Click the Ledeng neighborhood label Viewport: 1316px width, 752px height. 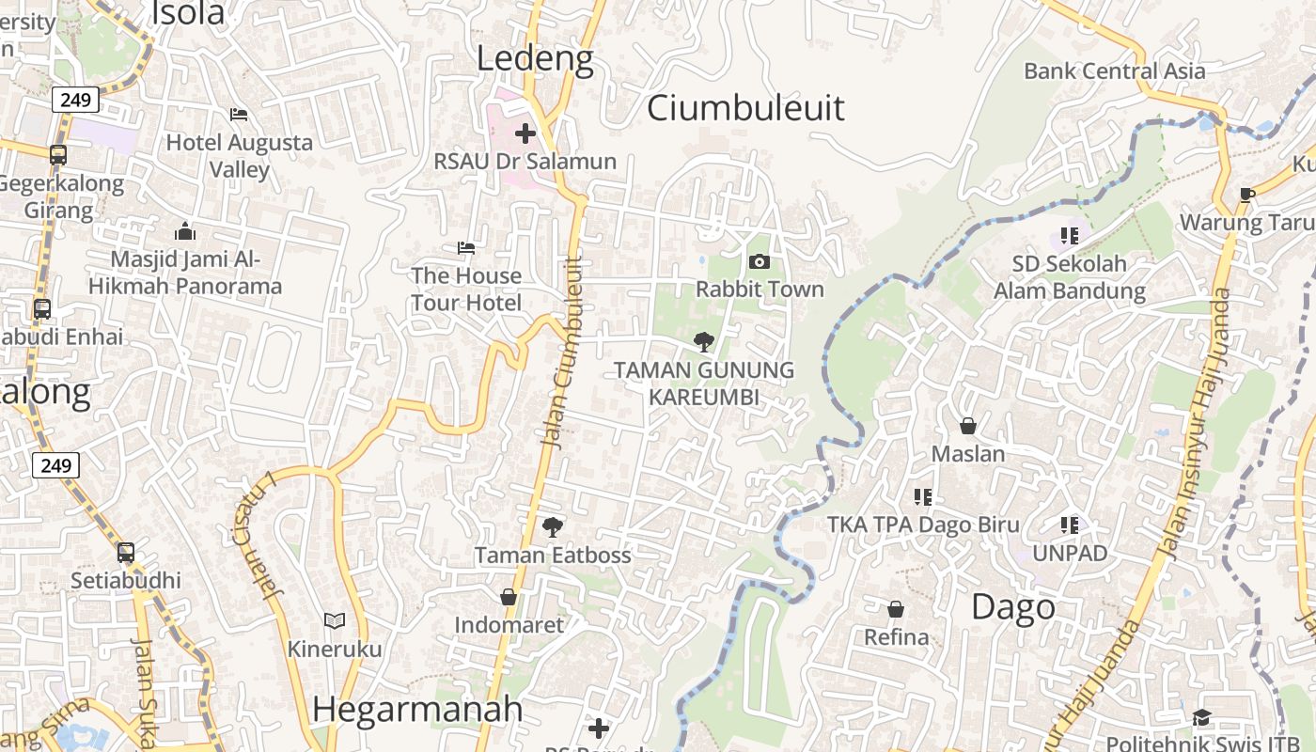coord(535,58)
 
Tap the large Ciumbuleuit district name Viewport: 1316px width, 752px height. coord(745,107)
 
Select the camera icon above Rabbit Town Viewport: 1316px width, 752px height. coord(760,261)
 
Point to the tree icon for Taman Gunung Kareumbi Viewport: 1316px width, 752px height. coord(703,342)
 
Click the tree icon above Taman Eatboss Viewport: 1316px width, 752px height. coord(553,526)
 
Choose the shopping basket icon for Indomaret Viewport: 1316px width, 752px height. coord(509,597)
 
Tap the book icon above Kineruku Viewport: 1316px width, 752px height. coord(335,620)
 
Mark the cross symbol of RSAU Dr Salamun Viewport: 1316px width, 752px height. coord(525,133)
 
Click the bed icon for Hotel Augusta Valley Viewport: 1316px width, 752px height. coord(239,115)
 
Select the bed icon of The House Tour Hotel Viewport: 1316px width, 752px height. coord(466,248)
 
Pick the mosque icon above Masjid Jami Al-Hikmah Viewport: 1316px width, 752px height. coord(185,231)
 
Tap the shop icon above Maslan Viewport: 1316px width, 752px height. coord(968,426)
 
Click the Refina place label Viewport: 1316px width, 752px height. coord(897,637)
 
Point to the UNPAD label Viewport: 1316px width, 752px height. coord(1070,554)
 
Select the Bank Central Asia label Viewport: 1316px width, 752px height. coord(1114,70)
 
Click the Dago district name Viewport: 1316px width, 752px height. coord(1013,606)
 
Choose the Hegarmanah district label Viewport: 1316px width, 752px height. coord(417,709)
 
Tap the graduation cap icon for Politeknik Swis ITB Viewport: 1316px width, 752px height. coord(1202,718)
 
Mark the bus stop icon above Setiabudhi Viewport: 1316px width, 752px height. coord(126,553)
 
